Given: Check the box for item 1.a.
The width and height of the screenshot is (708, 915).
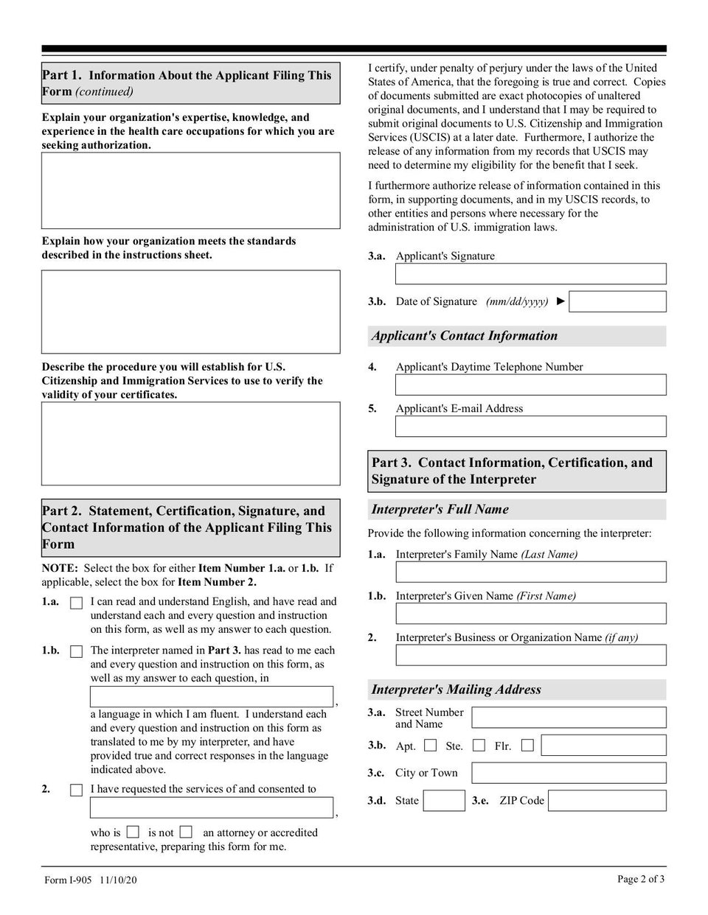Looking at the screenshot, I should click(76, 603).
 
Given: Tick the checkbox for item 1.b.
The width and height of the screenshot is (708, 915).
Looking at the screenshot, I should click(76, 651).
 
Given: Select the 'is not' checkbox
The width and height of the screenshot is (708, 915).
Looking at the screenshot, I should click(186, 832).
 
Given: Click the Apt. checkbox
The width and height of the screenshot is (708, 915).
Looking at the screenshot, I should click(431, 746).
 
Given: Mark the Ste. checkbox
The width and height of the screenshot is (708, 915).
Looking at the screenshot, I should click(479, 746).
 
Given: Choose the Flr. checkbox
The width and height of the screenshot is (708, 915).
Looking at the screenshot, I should click(527, 746).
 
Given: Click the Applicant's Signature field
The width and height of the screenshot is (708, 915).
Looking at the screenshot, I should click(530, 274).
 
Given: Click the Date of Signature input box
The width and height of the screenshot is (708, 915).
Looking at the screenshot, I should click(617, 301).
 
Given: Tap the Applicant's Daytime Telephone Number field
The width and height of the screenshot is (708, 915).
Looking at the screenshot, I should click(530, 385).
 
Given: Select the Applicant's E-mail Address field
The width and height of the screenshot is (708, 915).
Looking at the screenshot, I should click(530, 427).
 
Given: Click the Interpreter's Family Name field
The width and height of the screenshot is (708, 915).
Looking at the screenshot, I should click(530, 572).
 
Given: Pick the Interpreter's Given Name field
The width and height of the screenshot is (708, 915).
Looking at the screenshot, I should click(530, 614).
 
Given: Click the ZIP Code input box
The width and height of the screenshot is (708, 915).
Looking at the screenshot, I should click(607, 801).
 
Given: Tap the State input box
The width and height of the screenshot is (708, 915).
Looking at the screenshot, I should click(445, 801).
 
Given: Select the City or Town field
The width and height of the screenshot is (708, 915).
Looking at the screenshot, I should click(569, 773).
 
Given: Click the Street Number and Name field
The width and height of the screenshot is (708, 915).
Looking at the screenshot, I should click(569, 718).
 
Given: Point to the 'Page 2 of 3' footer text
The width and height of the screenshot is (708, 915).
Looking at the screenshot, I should click(641, 878).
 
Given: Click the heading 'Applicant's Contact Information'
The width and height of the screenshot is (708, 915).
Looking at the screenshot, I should click(465, 336).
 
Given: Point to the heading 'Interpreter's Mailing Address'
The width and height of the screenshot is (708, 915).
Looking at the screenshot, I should click(457, 690).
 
